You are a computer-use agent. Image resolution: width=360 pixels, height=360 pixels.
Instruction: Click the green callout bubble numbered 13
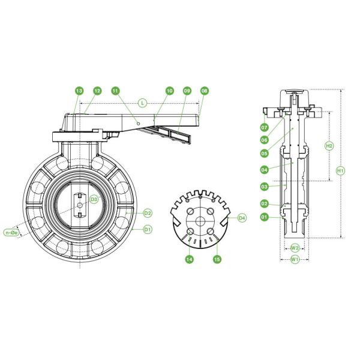[79, 91]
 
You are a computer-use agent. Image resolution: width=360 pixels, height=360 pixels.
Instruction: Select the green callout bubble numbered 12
[97, 91]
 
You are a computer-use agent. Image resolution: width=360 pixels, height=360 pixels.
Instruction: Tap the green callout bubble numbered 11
[115, 91]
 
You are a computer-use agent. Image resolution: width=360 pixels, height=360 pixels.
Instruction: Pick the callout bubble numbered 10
[170, 91]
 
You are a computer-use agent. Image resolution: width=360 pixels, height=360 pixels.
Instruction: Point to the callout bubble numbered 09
[187, 91]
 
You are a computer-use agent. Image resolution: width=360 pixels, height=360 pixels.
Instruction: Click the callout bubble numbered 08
[205, 91]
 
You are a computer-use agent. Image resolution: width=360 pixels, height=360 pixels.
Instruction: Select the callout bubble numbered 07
[264, 128]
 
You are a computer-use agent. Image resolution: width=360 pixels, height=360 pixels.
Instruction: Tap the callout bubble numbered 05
[264, 153]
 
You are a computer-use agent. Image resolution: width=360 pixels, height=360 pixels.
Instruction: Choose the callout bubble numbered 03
[264, 187]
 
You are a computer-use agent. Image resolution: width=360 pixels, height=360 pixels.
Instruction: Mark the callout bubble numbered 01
[264, 217]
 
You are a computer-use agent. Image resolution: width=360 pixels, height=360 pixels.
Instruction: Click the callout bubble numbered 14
[190, 259]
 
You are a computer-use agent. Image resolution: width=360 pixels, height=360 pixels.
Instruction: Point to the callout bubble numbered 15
[218, 259]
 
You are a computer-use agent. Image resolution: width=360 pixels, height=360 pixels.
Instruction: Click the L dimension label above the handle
[142, 103]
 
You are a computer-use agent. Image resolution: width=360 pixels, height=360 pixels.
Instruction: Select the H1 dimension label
[340, 170]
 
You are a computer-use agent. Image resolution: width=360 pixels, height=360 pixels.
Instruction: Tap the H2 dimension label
[329, 146]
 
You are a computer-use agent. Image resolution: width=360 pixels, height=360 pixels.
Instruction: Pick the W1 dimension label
[295, 259]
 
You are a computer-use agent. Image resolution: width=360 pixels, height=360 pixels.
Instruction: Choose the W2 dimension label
[295, 247]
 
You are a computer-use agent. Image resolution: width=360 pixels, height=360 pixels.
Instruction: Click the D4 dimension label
[242, 218]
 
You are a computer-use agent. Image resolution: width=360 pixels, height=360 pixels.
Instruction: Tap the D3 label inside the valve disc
[94, 199]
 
